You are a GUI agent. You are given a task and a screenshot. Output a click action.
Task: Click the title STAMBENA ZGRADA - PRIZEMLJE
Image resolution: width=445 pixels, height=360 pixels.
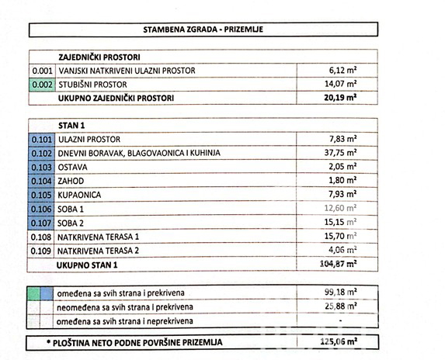203,29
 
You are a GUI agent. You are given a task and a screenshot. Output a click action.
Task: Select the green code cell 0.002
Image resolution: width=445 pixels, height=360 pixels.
42,84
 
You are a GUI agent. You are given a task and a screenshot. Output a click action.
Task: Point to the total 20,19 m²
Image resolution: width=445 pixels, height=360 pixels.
339,98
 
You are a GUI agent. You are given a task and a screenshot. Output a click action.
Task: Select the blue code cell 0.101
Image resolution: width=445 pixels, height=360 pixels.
42,139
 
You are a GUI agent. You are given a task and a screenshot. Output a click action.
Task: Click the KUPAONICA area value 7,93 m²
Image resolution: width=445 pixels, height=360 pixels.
341,194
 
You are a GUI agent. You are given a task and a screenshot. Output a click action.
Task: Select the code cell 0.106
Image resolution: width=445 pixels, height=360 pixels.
42,208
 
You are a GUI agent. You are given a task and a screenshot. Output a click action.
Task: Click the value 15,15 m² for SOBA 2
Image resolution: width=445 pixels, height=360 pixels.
341,222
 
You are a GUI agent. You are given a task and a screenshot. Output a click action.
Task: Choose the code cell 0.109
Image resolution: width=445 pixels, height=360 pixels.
42,250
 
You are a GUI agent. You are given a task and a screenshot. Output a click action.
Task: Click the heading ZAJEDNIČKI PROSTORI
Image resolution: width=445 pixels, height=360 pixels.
99,57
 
